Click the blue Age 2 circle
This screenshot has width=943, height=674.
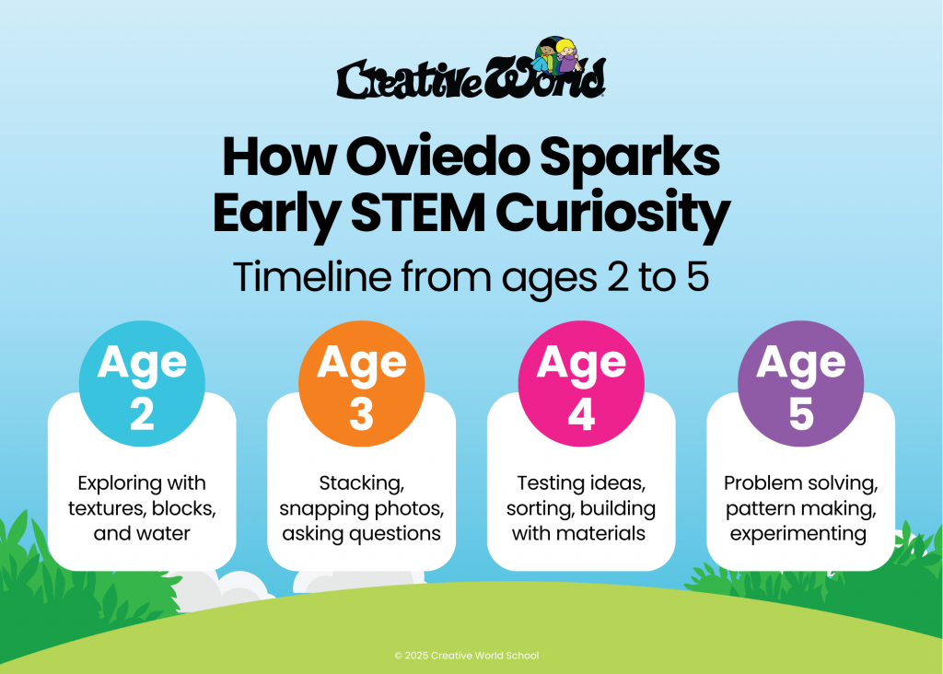[x=142, y=384]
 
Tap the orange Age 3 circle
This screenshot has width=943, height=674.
[x=361, y=384]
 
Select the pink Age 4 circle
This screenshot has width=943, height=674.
[x=581, y=384]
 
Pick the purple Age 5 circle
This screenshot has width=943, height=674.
[x=800, y=384]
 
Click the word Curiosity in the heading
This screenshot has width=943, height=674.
[x=612, y=215]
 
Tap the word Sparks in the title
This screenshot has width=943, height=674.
[x=630, y=160]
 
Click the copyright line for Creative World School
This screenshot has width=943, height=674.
[x=467, y=656]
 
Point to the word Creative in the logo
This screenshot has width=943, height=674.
[x=410, y=79]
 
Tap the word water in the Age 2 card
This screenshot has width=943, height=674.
[x=164, y=533]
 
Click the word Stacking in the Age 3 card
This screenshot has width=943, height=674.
[x=361, y=483]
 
